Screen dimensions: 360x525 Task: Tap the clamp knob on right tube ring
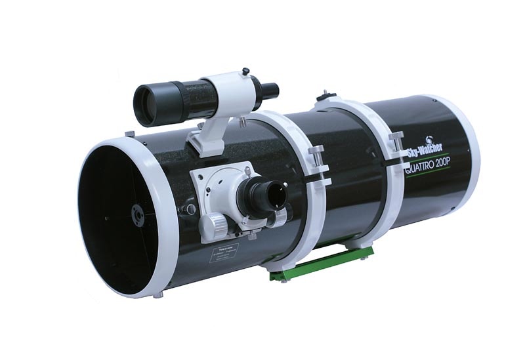coord(396,141)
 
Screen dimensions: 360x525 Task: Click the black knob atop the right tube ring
coord(322,97)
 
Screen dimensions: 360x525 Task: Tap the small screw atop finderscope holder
coord(245,71)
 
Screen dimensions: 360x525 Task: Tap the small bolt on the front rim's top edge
coord(130,134)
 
